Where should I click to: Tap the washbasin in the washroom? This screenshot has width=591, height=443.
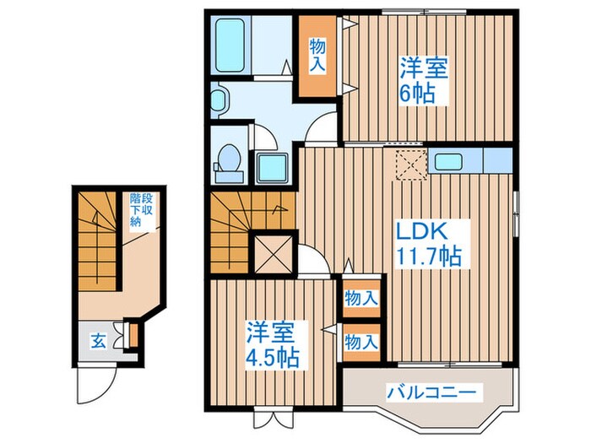pyautogui.click(x=218, y=101)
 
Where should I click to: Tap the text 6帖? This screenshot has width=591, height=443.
pyautogui.click(x=417, y=91)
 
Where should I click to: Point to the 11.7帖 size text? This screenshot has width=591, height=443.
pyautogui.click(x=427, y=255)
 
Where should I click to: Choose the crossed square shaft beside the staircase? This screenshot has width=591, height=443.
pyautogui.click(x=273, y=251)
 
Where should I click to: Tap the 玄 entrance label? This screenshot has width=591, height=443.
pyautogui.click(x=99, y=343)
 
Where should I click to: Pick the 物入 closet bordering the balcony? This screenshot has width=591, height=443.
pyautogui.click(x=361, y=343)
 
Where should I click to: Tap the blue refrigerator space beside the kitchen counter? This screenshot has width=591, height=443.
pyautogui.click(x=498, y=159)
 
